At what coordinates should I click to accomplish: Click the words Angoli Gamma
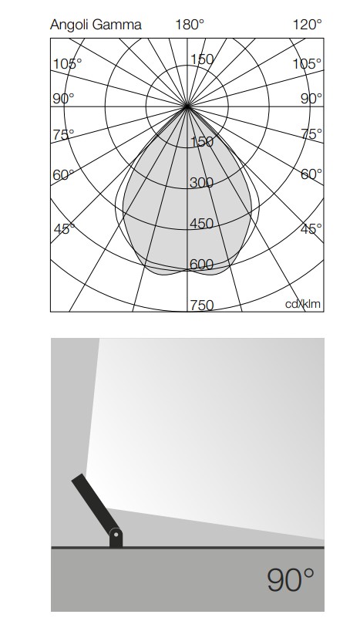click(x=96, y=25)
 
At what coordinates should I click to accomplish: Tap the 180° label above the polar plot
click(x=190, y=25)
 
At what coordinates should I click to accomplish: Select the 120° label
click(x=307, y=25)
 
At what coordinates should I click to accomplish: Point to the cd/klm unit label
click(x=303, y=304)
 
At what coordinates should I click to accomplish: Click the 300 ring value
click(x=201, y=183)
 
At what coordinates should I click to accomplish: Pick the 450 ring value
click(x=201, y=224)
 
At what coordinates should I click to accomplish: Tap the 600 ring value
click(x=201, y=265)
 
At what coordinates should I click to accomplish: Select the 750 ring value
click(x=201, y=305)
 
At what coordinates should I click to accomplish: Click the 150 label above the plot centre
click(x=202, y=59)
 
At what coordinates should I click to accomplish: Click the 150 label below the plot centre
click(x=201, y=142)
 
